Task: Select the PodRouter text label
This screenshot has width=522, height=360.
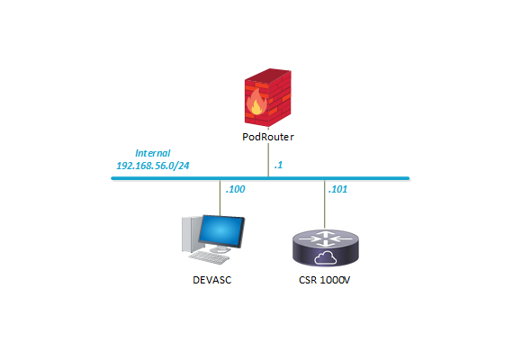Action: (x=269, y=139)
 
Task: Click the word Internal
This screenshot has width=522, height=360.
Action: (x=152, y=154)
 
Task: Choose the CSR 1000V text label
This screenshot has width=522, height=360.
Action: (x=324, y=280)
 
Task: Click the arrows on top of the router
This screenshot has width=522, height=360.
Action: (x=324, y=238)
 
